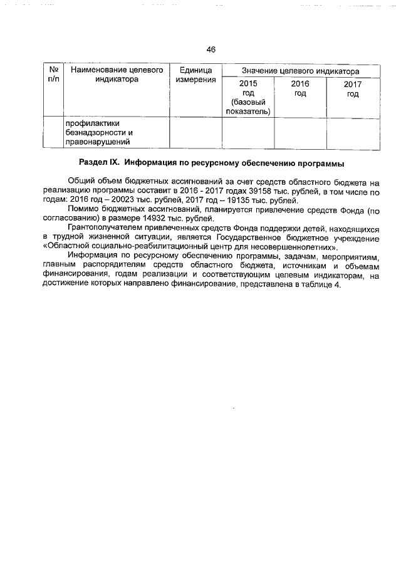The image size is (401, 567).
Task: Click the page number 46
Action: [x=211, y=49]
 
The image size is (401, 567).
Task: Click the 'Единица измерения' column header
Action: [x=195, y=75]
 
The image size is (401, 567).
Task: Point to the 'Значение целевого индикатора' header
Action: [x=301, y=70]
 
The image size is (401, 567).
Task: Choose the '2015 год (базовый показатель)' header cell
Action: [x=248, y=97]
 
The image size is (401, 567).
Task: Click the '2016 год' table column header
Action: [x=300, y=88]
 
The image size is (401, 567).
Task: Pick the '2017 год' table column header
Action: [x=353, y=89]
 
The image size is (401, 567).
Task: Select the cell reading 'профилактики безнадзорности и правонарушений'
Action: [x=100, y=133]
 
